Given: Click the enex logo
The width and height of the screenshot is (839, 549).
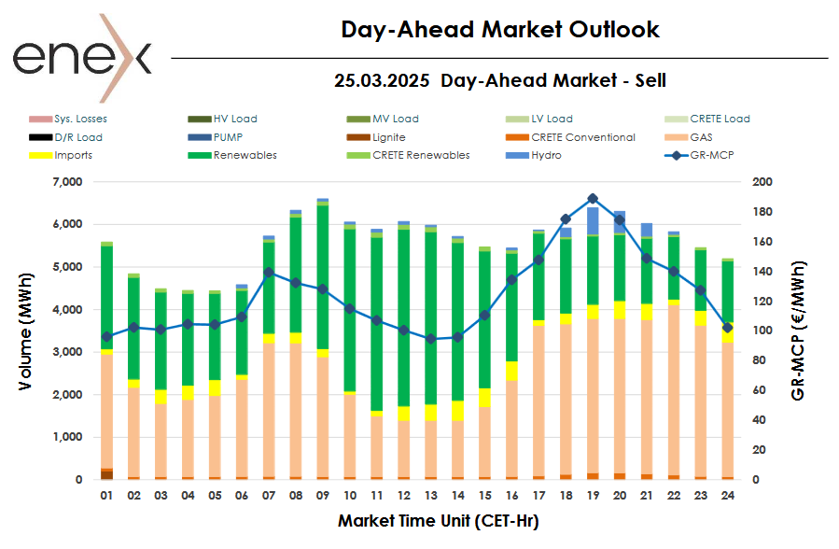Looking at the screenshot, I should tap(81, 58).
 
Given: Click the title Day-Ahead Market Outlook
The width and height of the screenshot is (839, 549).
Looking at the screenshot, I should tap(499, 30).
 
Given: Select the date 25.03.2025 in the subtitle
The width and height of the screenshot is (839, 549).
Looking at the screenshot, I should tap(383, 80).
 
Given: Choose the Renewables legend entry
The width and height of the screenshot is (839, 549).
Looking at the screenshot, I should tap(245, 155).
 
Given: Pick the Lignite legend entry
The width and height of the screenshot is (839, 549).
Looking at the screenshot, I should tap(388, 137).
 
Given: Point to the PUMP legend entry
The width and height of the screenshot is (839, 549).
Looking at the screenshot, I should tap(228, 137).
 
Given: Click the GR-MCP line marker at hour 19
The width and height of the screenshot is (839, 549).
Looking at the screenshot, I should tap(593, 198).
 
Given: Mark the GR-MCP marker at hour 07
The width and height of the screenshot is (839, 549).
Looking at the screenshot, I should tap(269, 272).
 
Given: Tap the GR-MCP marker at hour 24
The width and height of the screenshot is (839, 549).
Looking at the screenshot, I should tap(728, 328).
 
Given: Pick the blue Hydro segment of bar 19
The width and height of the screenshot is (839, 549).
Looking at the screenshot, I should tap(593, 221).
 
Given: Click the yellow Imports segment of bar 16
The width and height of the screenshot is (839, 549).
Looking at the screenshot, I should tap(511, 371).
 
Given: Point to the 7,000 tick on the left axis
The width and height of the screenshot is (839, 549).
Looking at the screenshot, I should tap(65, 182).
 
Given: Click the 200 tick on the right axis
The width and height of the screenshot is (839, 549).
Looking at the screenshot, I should tap(763, 182).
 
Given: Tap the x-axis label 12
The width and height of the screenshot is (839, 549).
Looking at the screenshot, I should tap(403, 496).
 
